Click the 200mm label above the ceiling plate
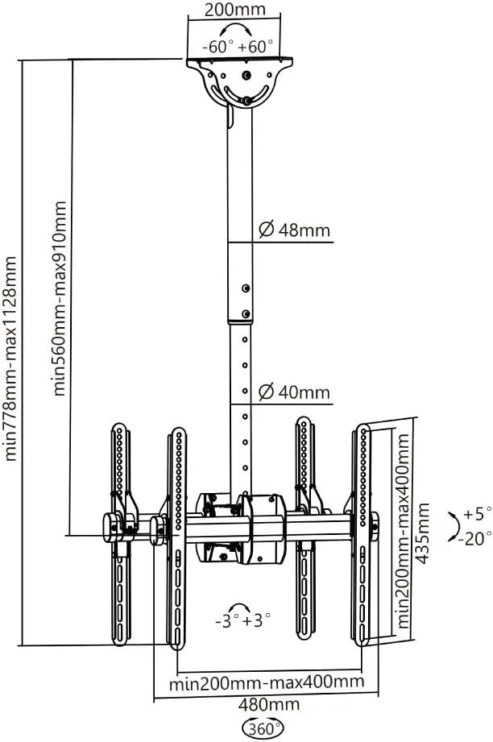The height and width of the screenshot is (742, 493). click(234, 10)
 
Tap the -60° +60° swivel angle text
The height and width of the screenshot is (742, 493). click(238, 47)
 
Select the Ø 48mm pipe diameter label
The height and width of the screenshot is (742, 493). click(294, 230)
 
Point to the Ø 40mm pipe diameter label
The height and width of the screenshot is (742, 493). click(294, 392)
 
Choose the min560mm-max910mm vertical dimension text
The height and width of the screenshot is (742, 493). click(60, 299)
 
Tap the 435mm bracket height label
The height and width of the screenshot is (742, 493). click(421, 533)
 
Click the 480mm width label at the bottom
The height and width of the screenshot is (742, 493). click(269, 705)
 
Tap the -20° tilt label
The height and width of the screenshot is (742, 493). click(474, 538)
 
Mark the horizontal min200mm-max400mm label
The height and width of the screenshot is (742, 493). click(267, 683)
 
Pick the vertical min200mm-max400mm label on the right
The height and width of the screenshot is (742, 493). click(403, 530)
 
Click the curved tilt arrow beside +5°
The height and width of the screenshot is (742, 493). click(457, 526)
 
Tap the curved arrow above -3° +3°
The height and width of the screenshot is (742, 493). click(239, 606)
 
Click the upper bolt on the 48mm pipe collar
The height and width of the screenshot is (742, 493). click(245, 288)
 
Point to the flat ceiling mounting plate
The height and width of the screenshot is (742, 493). click(239, 60)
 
